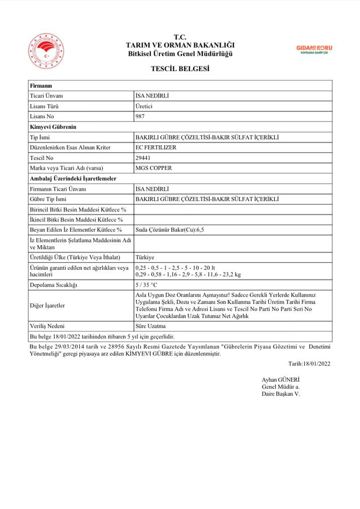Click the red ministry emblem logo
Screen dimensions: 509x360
coord(46,50)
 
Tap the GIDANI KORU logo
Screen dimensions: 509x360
coord(314,49)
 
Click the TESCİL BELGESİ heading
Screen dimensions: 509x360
coord(180,69)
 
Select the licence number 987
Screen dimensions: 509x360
coord(140,116)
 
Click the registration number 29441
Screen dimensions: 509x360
coord(143,158)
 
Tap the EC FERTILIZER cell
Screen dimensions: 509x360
coord(156,147)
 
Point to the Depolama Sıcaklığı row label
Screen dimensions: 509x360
coord(53,285)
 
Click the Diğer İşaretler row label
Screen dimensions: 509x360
coord(47,305)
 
